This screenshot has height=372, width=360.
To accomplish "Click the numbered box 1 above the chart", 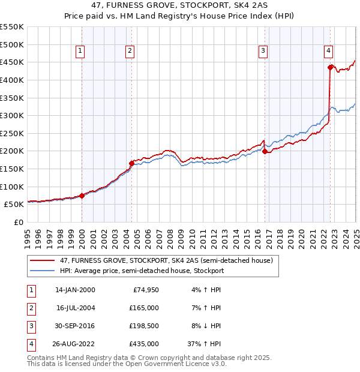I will click(80, 51).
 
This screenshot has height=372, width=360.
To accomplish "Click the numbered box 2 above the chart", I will click(130, 51).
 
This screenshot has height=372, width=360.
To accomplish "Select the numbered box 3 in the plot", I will click(263, 51).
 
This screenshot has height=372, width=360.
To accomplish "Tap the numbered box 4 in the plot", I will click(329, 51).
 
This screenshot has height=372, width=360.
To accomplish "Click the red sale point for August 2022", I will click(330, 67).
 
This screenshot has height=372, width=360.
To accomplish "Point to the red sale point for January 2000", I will click(82, 196).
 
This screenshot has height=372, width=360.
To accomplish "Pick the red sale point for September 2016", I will click(265, 152).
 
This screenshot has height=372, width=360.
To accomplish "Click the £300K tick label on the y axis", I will click(12, 115).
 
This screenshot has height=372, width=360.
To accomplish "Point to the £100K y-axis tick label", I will click(12, 187).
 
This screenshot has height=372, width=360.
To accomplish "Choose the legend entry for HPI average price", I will click(142, 271).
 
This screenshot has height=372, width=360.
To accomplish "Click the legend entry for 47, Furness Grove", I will click(166, 260).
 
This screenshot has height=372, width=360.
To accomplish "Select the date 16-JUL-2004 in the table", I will click(76, 308).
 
